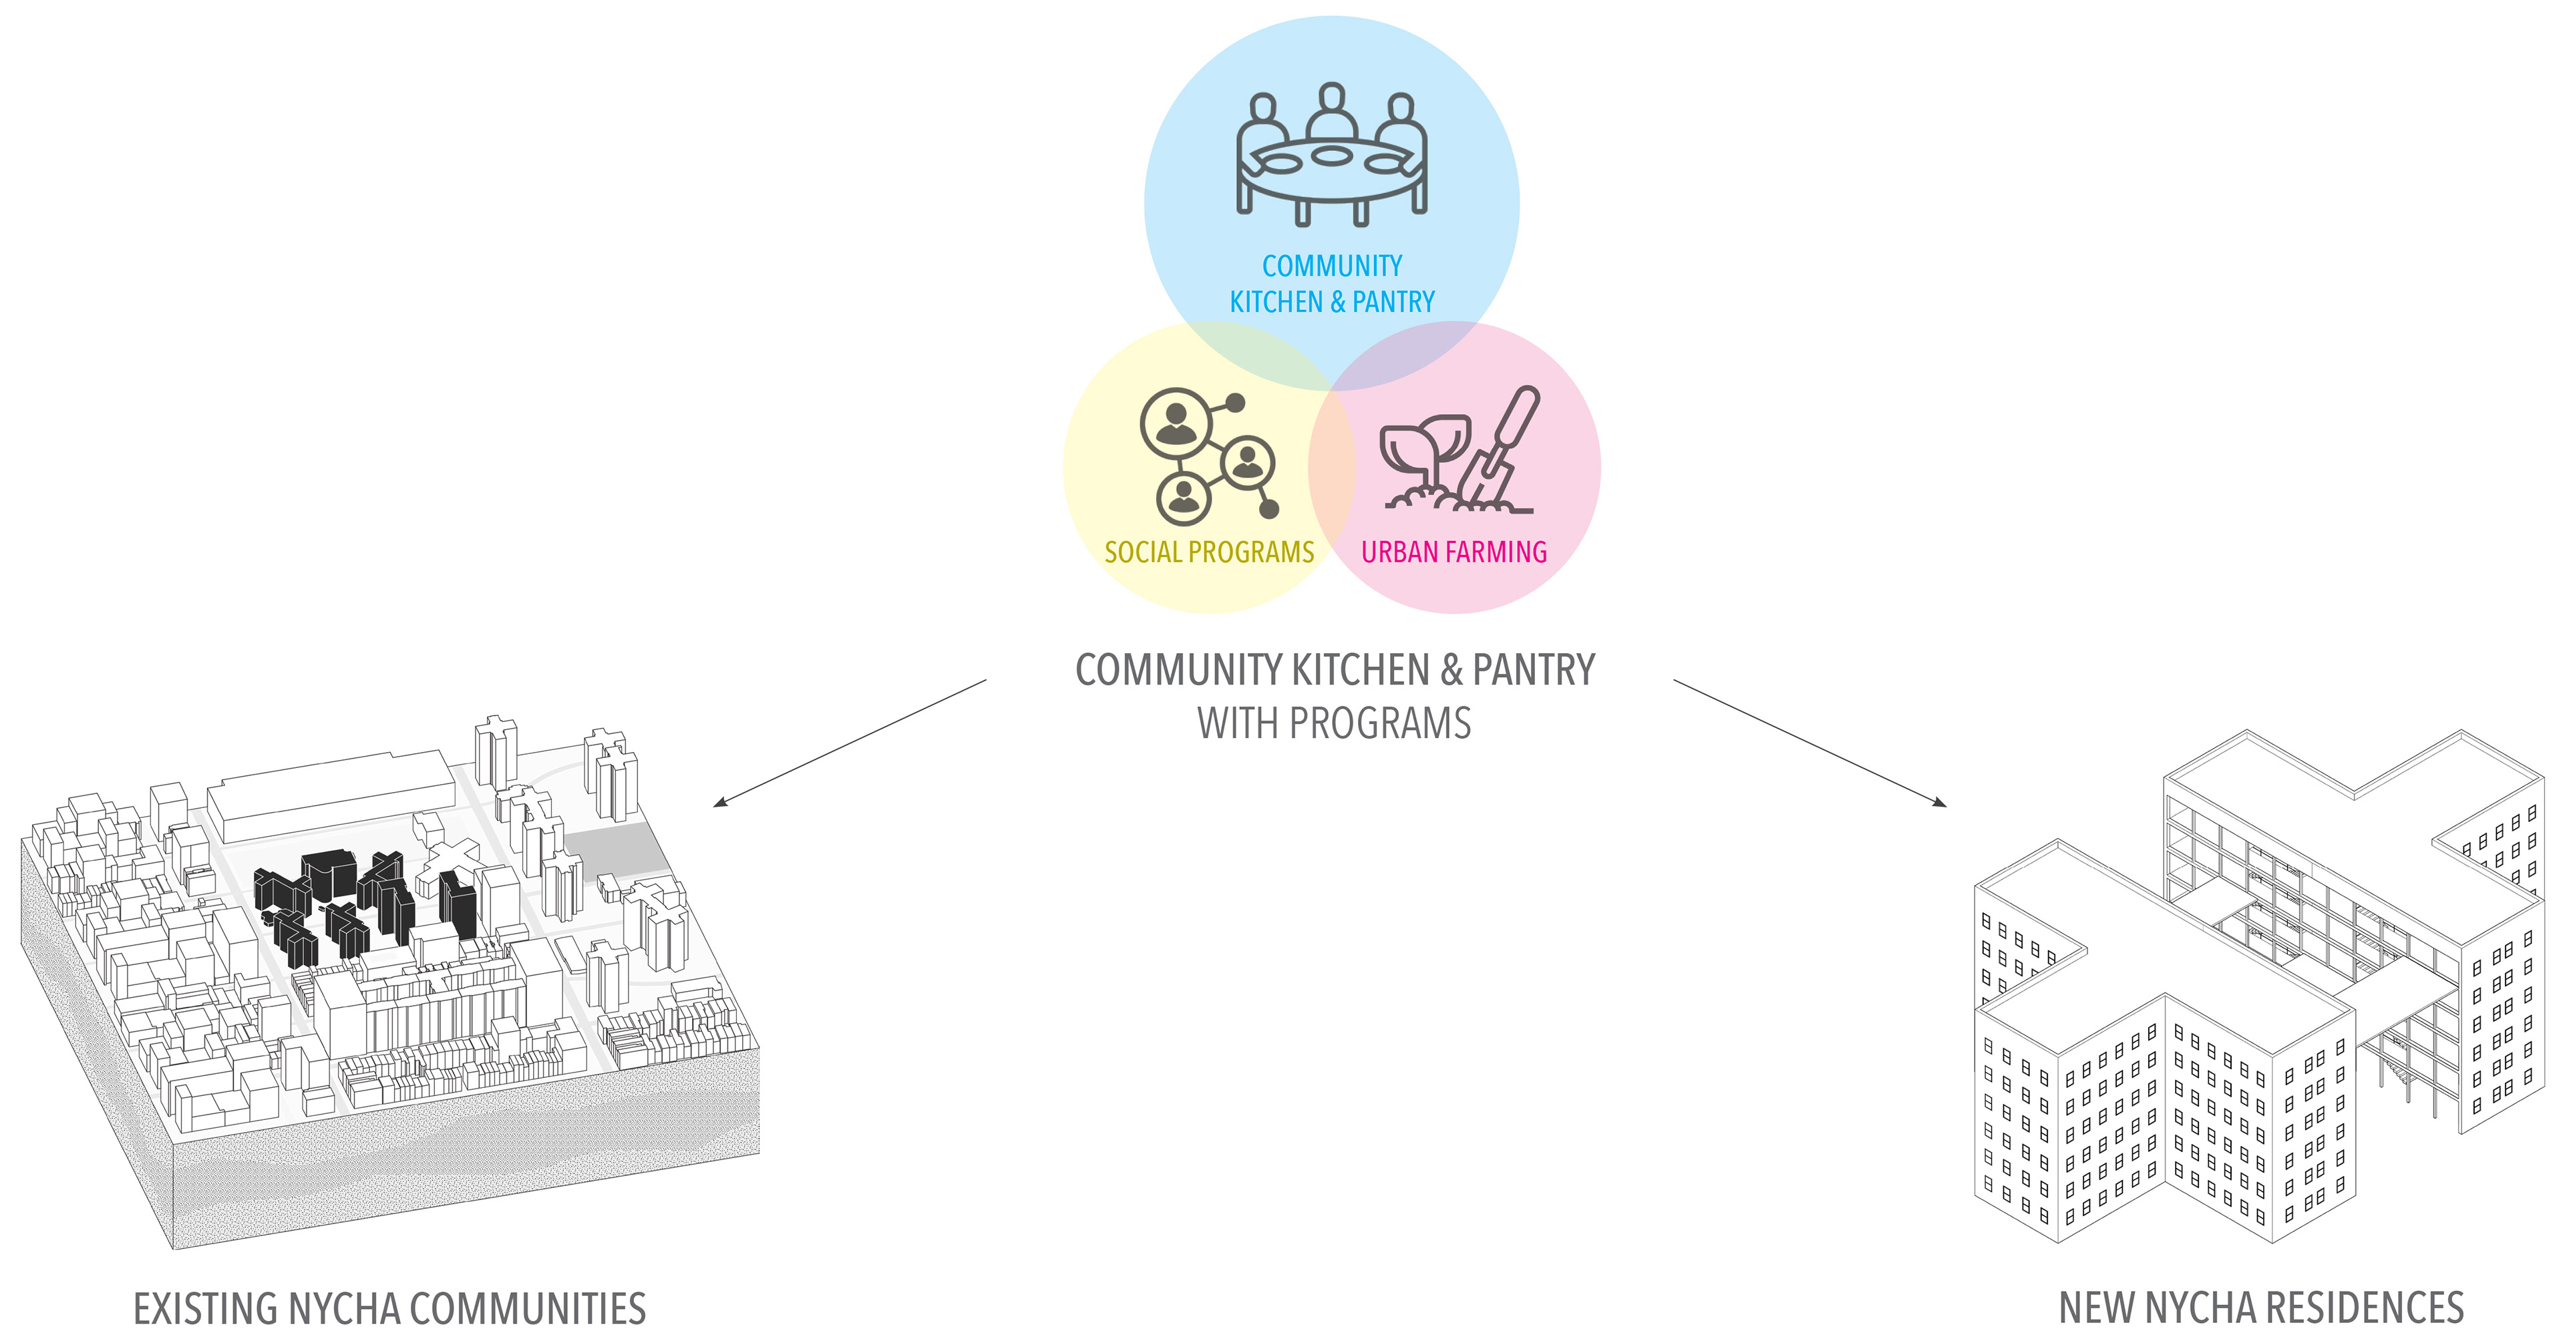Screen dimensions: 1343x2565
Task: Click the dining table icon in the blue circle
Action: tap(1331, 164)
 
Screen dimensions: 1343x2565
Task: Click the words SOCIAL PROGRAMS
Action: tap(1209, 552)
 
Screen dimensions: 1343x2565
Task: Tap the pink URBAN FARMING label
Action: tap(1453, 552)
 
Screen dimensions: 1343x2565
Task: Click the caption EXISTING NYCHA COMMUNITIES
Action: tap(389, 1309)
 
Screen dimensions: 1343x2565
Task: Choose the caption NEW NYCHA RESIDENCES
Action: tap(2260, 1308)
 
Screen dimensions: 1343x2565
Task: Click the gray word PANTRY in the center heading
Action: tap(1534, 670)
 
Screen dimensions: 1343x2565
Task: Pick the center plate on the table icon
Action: tap(1331, 156)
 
